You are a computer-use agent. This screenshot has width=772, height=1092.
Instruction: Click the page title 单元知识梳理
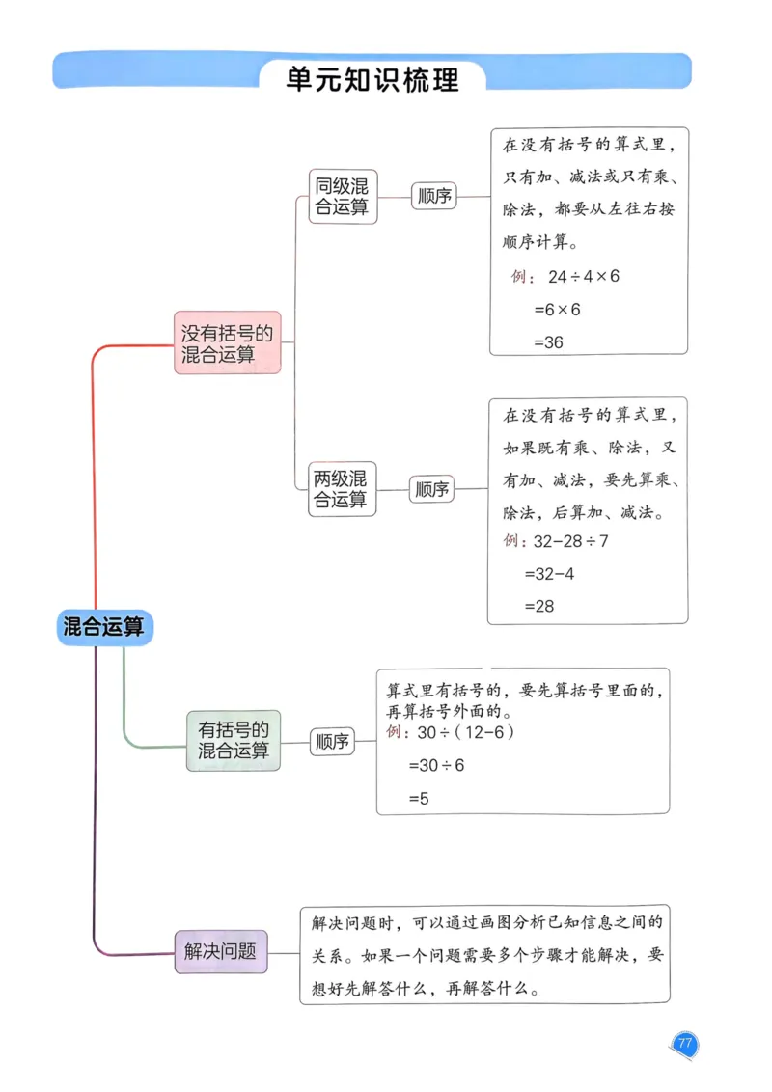tap(372, 78)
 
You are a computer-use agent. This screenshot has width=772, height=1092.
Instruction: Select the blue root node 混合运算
tap(103, 627)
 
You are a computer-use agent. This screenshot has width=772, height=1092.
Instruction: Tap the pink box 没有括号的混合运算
tap(228, 343)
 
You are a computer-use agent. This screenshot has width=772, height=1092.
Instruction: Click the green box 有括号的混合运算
tap(234, 740)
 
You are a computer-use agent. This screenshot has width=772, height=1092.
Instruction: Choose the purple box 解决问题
tap(221, 950)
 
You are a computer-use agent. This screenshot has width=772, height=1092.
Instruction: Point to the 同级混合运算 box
tap(343, 197)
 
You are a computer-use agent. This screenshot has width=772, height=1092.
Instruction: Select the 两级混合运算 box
tap(342, 488)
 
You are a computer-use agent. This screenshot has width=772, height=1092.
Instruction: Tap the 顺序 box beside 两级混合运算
tap(431, 489)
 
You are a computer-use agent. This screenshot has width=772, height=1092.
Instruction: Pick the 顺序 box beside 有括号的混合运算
tap(332, 742)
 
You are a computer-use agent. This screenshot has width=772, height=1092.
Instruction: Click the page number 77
tap(684, 1045)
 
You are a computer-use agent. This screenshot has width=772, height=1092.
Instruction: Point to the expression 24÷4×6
tap(583, 277)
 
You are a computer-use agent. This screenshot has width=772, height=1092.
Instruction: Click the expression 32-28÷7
tap(570, 541)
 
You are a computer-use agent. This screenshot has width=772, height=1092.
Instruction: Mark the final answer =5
tap(419, 798)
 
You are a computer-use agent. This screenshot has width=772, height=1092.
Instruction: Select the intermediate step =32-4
tap(549, 573)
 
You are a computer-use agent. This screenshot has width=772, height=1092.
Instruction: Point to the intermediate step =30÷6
tap(436, 765)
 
